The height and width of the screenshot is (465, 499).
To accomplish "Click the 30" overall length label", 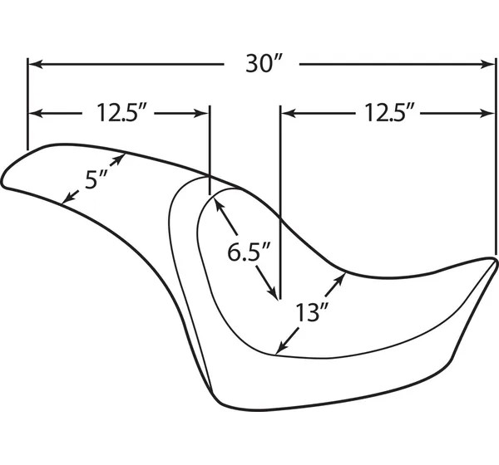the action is [264, 64].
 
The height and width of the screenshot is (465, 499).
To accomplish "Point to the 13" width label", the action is [311, 312].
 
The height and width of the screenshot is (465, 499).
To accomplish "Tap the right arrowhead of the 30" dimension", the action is [488, 64].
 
